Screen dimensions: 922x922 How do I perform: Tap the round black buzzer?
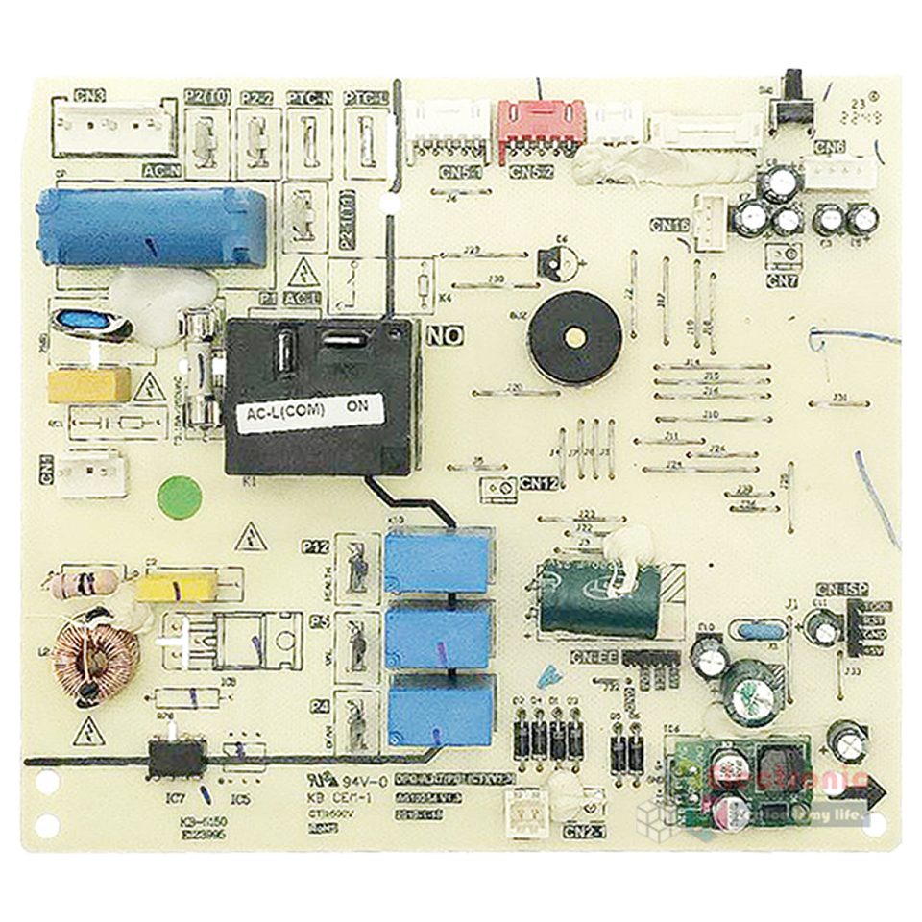click(575, 337)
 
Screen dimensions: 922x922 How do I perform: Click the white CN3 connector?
click(111, 129)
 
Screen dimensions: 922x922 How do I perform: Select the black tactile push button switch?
click(794, 95)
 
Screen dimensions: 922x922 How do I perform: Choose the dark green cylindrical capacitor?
click(599, 596)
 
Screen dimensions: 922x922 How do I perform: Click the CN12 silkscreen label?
click(539, 484)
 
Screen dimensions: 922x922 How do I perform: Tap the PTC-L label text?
click(365, 98)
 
